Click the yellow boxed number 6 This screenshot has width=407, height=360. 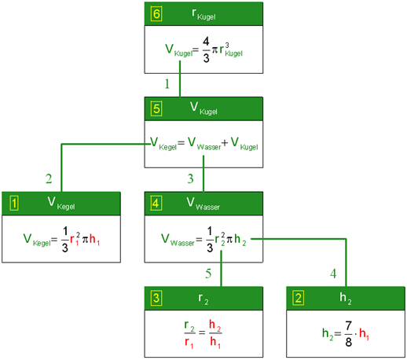click(156, 13)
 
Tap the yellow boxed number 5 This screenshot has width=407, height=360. click(156, 108)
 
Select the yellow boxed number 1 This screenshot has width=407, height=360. click(14, 204)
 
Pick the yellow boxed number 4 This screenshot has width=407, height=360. click(156, 204)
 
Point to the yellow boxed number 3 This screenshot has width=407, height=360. click(156, 298)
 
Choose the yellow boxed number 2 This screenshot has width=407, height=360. click(299, 298)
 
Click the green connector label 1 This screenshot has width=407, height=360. click(167, 84)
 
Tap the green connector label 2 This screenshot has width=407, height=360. click(49, 178)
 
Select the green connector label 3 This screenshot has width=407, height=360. click(190, 178)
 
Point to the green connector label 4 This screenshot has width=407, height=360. click(333, 274)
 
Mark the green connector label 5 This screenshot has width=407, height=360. click(208, 274)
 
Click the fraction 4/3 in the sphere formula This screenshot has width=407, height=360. click(206, 50)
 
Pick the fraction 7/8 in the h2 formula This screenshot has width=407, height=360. click(348, 333)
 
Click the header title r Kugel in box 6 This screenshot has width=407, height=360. click(203, 14)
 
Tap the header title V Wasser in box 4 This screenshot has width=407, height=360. click(203, 204)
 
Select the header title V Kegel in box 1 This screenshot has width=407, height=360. click(61, 204)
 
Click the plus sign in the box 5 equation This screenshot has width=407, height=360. click(225, 143)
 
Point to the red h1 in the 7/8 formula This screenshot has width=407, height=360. click(364, 334)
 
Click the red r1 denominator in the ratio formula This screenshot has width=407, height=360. click(189, 343)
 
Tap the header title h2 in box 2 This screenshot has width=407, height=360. click(346, 299)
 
